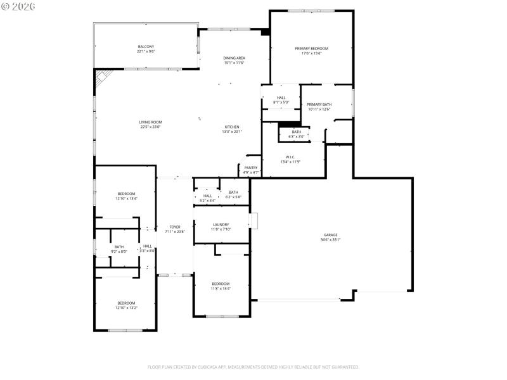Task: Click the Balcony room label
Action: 146,47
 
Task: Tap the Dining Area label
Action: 234,58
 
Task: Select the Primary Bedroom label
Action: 311,48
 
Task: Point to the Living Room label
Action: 151,122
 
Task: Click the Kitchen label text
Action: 232,127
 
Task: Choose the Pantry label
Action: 251,168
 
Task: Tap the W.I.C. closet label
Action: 291,157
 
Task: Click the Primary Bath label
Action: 319,104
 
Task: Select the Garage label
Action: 331,235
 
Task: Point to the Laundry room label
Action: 221,224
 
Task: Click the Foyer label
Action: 175,227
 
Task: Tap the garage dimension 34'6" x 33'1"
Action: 331,239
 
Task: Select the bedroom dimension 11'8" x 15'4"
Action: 221,288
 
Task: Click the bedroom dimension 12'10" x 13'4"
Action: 127,199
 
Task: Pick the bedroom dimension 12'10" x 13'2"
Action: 127,308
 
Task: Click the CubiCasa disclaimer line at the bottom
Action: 253,367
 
